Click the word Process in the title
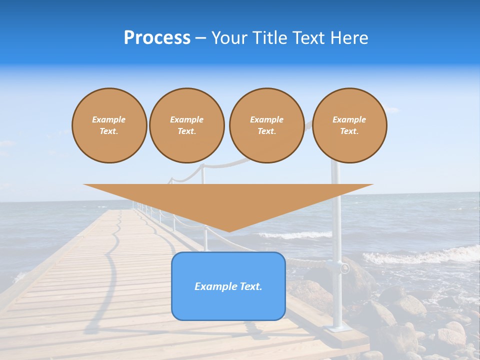click(x=157, y=38)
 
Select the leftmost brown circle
click(x=109, y=125)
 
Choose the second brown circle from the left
click(x=187, y=125)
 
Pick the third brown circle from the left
click(x=266, y=125)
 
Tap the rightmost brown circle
click(x=349, y=125)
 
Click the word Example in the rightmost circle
click(x=349, y=119)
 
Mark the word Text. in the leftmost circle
click(x=109, y=131)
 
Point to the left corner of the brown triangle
click(x=85, y=185)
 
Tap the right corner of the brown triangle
click(x=371, y=185)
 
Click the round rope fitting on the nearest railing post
click(x=344, y=268)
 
